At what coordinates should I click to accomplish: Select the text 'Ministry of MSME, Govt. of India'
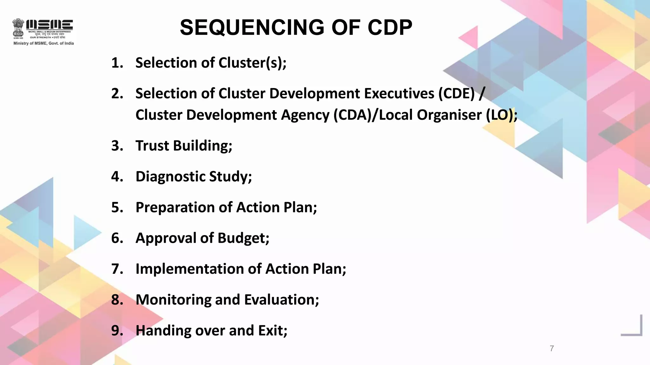(x=43, y=43)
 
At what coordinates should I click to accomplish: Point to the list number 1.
(x=117, y=63)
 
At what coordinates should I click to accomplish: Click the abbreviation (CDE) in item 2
(x=456, y=93)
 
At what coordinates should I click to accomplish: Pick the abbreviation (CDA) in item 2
(x=351, y=115)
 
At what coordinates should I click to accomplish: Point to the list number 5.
(x=117, y=207)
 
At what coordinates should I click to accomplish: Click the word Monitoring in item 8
(x=173, y=300)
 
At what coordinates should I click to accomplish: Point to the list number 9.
(x=117, y=330)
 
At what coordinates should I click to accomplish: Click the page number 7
(x=552, y=349)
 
